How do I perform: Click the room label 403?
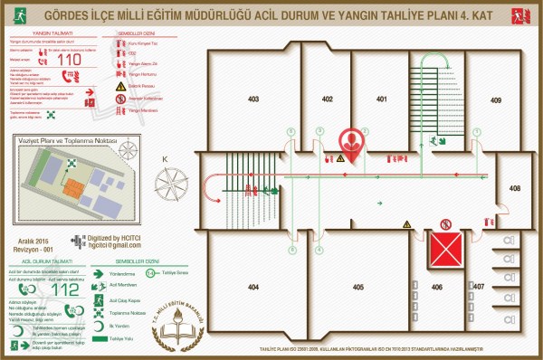coord(253,99)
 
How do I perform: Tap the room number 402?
coord(327,99)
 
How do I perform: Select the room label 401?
coord(382,99)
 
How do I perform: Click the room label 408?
coord(514,188)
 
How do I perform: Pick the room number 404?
coord(253,287)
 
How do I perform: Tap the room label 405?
coord(358,287)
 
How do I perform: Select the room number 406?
coord(437,287)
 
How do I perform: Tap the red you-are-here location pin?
coord(351,145)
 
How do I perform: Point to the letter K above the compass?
coord(165,160)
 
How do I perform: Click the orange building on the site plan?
coord(71,191)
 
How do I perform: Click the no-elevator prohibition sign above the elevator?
coord(444,223)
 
